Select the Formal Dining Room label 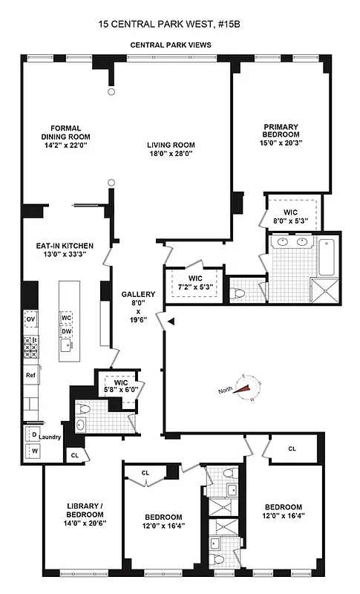point(65,131)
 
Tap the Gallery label point(134,295)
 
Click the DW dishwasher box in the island point(66,331)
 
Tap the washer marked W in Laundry point(33,451)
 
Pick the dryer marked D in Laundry point(33,433)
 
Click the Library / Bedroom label point(79,515)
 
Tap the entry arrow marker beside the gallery point(172,322)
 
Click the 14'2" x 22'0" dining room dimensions point(65,146)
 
